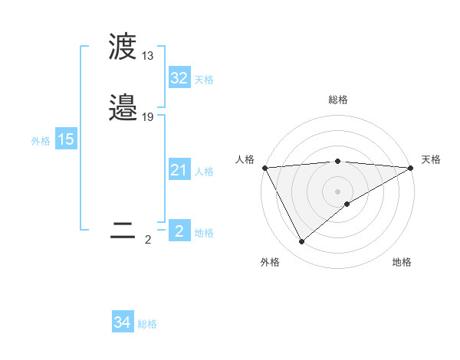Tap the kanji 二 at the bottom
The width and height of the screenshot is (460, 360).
pos(123,232)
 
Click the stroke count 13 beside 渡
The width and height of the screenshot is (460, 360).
pos(148,56)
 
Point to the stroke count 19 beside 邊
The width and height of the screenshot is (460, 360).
pos(148,117)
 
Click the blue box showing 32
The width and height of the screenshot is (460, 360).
pos(179,78)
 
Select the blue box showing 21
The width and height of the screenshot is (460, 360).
pos(179,170)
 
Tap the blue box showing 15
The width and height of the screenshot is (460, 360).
pos(65,139)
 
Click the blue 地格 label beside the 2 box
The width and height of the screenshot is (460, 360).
pos(204,233)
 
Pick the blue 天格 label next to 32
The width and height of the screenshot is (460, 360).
pos(204,80)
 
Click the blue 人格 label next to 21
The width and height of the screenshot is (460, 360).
pos(204,172)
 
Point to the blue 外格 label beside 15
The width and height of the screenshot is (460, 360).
pos(40,141)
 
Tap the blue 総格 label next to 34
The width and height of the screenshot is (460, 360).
pos(147,325)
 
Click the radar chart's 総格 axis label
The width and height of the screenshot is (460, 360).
pos(337,100)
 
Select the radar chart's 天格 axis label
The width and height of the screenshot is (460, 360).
pos(431,159)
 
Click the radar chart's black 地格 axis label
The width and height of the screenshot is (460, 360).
pos(402,263)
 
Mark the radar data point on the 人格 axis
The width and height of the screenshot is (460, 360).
pos(264,167)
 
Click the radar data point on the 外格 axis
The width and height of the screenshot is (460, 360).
pos(301,242)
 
